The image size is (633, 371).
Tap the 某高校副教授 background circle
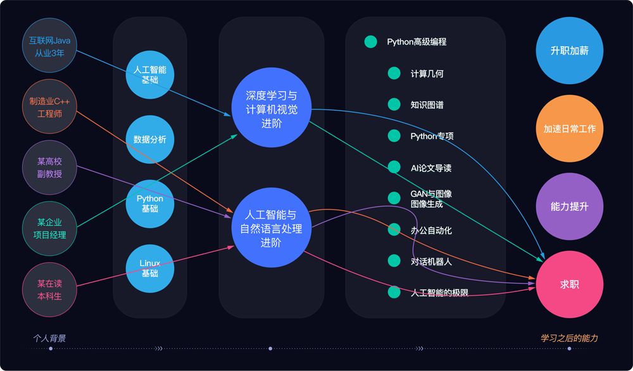[x=49, y=167]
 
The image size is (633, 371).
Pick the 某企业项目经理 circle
[x=49, y=228]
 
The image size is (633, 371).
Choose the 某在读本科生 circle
[x=49, y=289]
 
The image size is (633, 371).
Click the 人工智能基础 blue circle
[x=150, y=75]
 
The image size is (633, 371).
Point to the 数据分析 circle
[x=150, y=140]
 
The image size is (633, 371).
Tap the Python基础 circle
[x=150, y=204]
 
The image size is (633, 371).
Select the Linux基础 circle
[x=150, y=268]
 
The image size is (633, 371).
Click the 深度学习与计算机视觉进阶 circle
[x=272, y=107]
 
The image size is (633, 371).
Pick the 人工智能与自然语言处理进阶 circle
[x=272, y=228]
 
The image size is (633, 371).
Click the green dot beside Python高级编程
[x=370, y=42]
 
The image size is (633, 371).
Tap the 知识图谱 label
[x=427, y=105]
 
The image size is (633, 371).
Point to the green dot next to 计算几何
[x=394, y=73]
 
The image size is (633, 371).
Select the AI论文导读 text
[x=430, y=167]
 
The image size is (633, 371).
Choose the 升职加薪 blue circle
[x=569, y=51]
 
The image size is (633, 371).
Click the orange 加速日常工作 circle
[x=569, y=128]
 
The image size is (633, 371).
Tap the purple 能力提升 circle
[x=569, y=207]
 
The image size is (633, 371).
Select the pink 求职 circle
[x=569, y=284]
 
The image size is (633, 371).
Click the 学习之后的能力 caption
[x=569, y=338]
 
